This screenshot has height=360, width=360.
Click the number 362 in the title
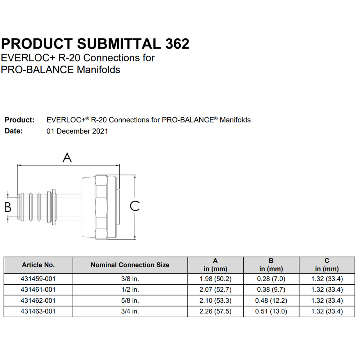(x=177, y=44)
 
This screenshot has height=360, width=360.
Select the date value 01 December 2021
(x=77, y=131)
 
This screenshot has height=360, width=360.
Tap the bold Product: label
(x=19, y=120)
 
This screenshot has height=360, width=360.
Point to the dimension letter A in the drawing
(x=67, y=158)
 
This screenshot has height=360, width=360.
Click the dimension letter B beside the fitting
(x=8, y=207)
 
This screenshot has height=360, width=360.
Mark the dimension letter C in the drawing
(x=135, y=206)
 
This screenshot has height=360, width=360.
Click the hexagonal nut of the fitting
(x=101, y=207)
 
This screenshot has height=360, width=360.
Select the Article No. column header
(x=38, y=265)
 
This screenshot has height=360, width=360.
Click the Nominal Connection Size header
(x=130, y=265)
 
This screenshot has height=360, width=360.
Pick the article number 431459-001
(x=38, y=279)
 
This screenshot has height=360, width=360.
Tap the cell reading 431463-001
(x=38, y=311)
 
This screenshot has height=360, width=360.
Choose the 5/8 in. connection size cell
(x=130, y=301)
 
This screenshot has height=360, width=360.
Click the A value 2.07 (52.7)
(x=215, y=290)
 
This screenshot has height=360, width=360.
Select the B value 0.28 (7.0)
(x=271, y=279)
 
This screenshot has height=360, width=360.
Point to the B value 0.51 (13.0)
(x=271, y=311)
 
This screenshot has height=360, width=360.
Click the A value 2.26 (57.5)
(x=215, y=311)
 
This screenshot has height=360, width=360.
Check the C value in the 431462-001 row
(x=327, y=301)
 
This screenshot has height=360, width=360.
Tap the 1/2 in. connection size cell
(x=130, y=290)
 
